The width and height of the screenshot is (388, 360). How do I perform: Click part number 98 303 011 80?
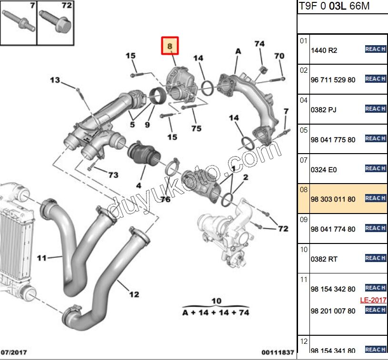point(333,199)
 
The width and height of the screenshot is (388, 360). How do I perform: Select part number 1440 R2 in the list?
point(324,50)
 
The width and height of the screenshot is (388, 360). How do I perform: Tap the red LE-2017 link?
point(373,300)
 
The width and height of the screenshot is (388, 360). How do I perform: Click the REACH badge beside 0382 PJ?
point(375,109)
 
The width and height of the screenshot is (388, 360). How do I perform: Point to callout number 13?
point(55,80)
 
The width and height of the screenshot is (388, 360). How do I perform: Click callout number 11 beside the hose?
point(42,258)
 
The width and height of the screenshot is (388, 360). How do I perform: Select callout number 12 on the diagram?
point(134,294)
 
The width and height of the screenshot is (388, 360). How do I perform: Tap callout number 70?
point(279,56)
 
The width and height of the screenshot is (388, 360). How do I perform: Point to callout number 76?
point(165,199)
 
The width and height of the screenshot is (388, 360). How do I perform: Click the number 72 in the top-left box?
point(66,6)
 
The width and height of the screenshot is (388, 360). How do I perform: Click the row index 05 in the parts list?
point(304,130)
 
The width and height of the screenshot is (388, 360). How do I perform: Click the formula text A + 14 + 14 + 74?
point(216,312)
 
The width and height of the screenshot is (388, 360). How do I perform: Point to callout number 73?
point(113,175)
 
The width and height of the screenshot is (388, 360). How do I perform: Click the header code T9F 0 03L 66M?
point(334,7)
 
